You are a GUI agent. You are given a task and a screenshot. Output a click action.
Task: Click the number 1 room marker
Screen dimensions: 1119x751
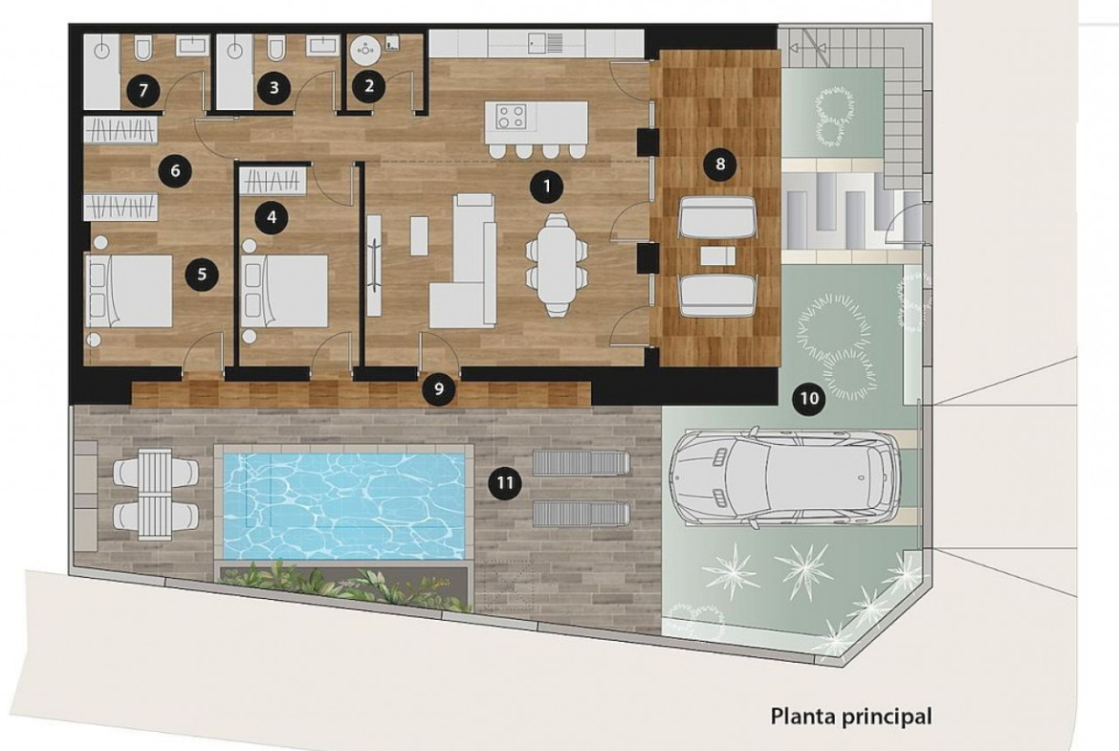click(547, 187)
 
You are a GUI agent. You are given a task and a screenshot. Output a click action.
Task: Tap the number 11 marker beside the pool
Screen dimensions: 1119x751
click(505, 483)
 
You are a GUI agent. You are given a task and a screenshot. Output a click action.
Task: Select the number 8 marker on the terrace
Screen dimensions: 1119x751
click(719, 165)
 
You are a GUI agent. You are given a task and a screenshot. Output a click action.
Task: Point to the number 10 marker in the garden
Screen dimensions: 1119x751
click(809, 398)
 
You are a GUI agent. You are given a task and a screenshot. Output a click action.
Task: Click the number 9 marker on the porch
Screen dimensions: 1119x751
click(438, 389)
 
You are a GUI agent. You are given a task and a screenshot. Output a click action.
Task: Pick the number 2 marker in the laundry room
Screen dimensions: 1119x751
click(369, 86)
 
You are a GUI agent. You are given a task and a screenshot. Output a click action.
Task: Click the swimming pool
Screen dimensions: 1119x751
click(344, 504)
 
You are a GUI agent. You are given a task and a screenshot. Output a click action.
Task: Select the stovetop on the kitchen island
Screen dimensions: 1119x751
click(511, 117)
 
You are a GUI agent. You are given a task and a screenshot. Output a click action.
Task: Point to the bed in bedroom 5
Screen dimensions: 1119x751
click(129, 291)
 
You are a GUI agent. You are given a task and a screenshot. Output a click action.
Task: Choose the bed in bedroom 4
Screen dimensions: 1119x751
click(285, 291)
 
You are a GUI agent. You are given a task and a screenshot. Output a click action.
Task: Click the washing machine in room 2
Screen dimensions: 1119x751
click(367, 49)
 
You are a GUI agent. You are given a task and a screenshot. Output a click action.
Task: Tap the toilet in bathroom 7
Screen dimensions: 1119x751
click(143, 49)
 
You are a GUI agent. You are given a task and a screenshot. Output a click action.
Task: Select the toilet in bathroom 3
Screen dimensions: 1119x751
click(275, 49)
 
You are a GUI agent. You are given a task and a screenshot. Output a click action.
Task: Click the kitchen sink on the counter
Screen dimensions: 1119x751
click(546, 43)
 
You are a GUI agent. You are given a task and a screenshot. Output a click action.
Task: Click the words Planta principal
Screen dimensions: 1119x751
click(851, 716)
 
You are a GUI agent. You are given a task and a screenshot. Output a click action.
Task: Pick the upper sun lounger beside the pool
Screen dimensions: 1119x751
click(581, 463)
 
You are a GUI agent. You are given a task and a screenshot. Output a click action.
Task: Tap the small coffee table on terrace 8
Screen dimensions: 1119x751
click(717, 255)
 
